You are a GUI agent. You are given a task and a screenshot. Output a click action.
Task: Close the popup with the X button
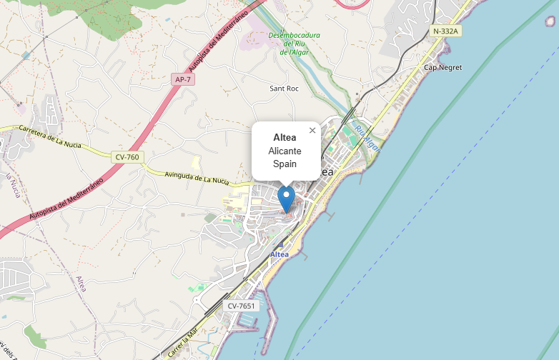(x=312, y=130)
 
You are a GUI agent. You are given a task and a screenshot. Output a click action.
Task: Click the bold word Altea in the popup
(x=285, y=137)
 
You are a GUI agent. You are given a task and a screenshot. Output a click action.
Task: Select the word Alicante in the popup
(x=285, y=151)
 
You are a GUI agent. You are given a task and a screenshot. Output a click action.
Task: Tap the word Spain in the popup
(x=285, y=164)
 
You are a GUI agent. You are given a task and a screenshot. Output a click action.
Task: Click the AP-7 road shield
(x=183, y=79)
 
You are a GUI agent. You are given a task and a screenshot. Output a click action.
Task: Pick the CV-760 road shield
(x=127, y=156)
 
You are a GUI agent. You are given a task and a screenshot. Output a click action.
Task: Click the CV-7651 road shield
(x=240, y=306)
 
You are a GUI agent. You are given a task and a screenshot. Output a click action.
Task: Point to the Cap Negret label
(x=443, y=68)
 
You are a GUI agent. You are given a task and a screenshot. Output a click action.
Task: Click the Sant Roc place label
(x=283, y=89)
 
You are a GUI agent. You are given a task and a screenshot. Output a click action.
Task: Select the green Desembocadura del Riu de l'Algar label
(x=294, y=44)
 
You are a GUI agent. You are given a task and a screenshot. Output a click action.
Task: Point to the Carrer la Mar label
(x=183, y=344)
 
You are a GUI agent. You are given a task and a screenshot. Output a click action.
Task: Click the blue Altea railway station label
(x=279, y=254)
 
